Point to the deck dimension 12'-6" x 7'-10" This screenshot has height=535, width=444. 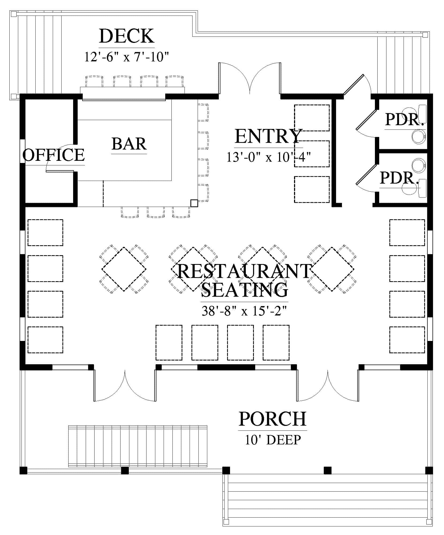click(x=127, y=57)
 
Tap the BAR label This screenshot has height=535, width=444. click(x=129, y=144)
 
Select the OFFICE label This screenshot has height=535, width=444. click(x=54, y=155)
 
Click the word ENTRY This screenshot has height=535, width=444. click(x=269, y=136)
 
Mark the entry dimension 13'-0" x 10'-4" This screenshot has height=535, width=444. click(x=269, y=157)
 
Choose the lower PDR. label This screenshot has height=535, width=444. click(x=399, y=178)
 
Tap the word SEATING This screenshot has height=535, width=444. click(x=244, y=290)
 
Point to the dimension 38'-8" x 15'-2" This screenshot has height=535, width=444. click(x=244, y=311)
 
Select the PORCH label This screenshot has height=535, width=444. click(x=273, y=419)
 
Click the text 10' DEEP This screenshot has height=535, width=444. click(x=273, y=440)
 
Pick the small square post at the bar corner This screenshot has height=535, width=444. click(x=194, y=203)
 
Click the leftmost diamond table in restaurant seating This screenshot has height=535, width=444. click(x=124, y=269)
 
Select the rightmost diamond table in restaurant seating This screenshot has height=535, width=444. click(x=332, y=269)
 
